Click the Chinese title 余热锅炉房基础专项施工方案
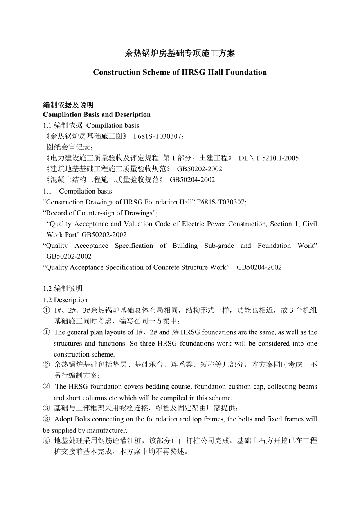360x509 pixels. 180,54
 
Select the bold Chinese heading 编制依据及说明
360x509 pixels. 68,105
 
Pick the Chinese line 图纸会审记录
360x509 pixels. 70,147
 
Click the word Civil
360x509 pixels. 310,224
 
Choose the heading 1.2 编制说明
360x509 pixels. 63,289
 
